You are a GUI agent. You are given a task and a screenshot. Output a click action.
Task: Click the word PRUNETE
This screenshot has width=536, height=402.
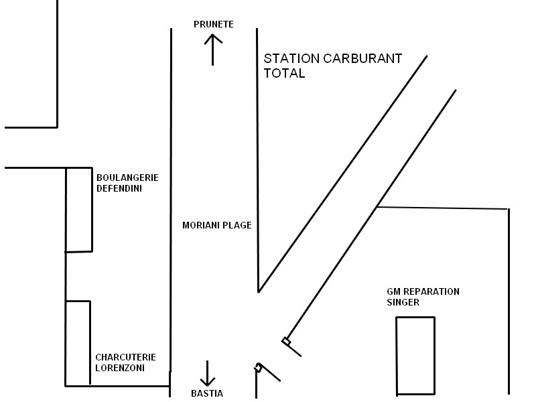pos(213,24)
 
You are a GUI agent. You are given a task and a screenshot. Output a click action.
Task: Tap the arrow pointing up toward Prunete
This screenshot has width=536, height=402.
pos(213,50)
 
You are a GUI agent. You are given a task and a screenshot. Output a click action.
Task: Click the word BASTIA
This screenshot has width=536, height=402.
pos(207,393)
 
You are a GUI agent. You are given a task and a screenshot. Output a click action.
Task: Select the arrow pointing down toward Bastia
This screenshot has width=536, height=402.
pos(208,373)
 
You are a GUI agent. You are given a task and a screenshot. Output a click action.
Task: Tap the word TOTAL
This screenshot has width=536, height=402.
pos(284,74)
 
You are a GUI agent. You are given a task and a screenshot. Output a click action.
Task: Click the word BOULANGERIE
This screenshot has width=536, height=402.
pos(127,178)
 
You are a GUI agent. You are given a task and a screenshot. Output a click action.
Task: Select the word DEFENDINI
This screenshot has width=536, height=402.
pos(119,188)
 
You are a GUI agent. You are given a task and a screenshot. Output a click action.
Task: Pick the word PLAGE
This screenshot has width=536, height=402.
pos(238,225)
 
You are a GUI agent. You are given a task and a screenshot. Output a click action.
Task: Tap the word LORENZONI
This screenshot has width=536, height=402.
pos(120,368)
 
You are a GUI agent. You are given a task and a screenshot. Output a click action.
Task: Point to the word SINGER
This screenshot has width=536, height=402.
pos(402,302)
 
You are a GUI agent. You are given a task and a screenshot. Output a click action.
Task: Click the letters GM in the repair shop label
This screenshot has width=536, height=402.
pos(393,291)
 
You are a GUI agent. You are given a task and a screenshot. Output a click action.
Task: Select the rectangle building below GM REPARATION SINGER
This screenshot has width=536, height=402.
pos(415,355)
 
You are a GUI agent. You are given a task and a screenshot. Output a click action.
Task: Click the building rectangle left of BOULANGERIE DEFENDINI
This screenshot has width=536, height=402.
pos(78,210)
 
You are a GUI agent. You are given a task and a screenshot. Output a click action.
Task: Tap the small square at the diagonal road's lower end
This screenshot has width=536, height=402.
pos(287,342)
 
